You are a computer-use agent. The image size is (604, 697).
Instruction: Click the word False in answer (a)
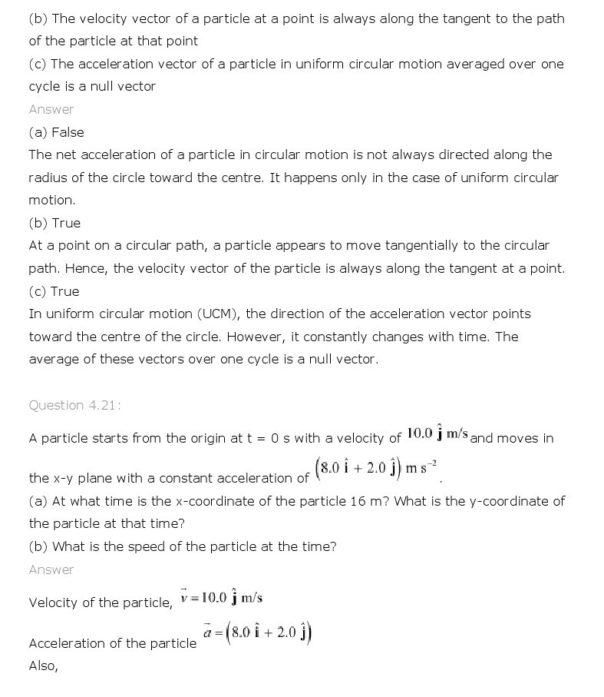coord(68,132)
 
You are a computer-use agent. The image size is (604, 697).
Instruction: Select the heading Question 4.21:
coord(74,405)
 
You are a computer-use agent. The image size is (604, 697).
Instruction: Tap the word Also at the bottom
coord(43,665)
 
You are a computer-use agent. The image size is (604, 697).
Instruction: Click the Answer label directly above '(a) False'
coord(51,109)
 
